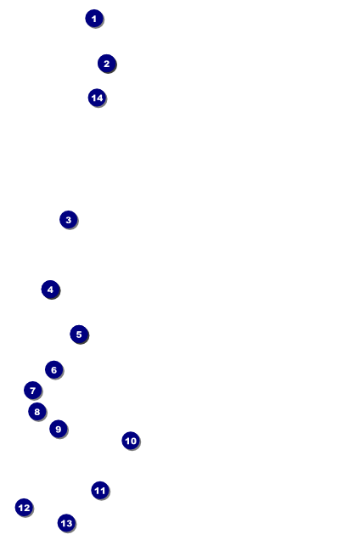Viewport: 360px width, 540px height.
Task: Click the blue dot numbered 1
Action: pyautogui.click(x=94, y=19)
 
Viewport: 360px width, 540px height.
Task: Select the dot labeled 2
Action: pyautogui.click(x=107, y=64)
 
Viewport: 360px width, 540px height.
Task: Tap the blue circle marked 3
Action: pyautogui.click(x=69, y=220)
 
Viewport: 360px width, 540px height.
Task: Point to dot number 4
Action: pyautogui.click(x=51, y=290)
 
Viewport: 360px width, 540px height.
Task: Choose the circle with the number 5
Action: pyautogui.click(x=79, y=334)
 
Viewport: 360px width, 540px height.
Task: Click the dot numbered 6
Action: pyautogui.click(x=54, y=370)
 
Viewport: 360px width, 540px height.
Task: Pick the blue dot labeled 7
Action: pyautogui.click(x=33, y=391)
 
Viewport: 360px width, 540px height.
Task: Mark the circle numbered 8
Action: pyautogui.click(x=37, y=412)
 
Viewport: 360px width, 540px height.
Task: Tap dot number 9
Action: pyautogui.click(x=59, y=429)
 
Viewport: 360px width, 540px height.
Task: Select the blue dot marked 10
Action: pyautogui.click(x=131, y=441)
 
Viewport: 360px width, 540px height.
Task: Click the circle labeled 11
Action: pyautogui.click(x=100, y=491)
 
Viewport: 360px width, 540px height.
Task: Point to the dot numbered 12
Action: pyautogui.click(x=24, y=508)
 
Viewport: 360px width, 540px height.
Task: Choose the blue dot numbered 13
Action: pyautogui.click(x=66, y=523)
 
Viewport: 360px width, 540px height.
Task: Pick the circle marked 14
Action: pyautogui.click(x=98, y=98)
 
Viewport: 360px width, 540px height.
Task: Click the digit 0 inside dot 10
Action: pyautogui.click(x=133, y=441)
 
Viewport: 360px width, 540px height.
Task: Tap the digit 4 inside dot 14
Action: pyautogui.click(x=100, y=98)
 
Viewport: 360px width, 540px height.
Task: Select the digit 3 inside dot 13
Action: pyautogui.click(x=69, y=524)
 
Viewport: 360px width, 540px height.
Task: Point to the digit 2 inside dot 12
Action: pyautogui.click(x=26, y=508)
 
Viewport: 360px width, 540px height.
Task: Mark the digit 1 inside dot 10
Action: pyautogui.click(x=127, y=441)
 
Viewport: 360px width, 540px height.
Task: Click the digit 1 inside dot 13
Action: pyautogui.click(x=63, y=524)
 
